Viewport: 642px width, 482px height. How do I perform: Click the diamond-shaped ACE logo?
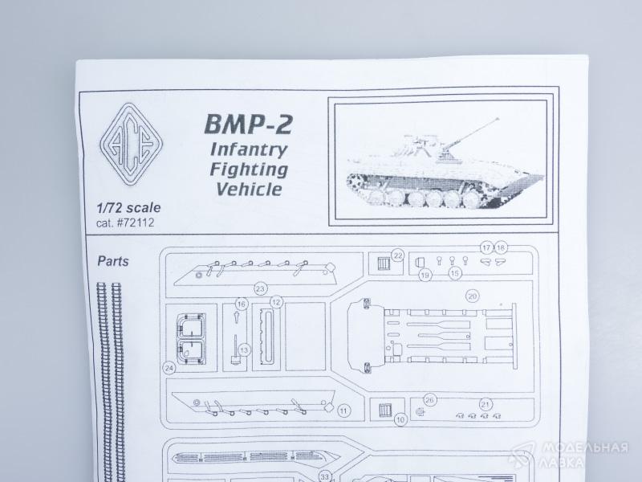(130, 145)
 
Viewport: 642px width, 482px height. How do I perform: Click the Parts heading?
(112, 261)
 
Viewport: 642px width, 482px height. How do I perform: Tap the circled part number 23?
(260, 288)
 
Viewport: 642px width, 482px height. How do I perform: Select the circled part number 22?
(398, 256)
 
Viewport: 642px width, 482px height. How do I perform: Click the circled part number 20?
(473, 296)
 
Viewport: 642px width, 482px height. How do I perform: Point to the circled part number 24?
(169, 368)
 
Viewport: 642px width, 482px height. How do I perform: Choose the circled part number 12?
(276, 303)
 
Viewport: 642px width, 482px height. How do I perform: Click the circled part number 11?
(343, 411)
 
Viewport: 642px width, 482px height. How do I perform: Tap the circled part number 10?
(400, 419)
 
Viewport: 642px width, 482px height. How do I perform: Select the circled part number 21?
(485, 404)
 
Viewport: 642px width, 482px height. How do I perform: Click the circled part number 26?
(429, 399)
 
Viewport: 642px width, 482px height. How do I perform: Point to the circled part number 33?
(325, 476)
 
